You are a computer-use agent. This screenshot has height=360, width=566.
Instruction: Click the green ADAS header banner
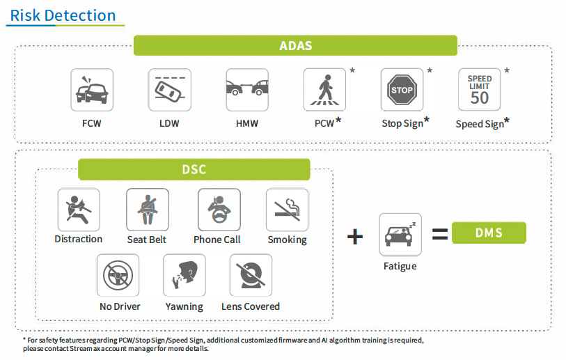295,46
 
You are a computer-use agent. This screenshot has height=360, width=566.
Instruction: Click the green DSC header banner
194,169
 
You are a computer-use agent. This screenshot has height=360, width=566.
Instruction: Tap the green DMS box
489,233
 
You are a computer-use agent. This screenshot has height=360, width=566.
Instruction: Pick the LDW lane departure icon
170,90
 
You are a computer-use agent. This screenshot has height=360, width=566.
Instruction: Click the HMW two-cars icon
247,90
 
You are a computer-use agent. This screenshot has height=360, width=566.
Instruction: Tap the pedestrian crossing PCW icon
324,90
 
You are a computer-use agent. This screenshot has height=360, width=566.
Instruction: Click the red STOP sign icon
402,90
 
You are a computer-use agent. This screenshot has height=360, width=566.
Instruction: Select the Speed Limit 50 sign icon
479,90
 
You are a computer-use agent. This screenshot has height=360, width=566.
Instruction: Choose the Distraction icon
79,210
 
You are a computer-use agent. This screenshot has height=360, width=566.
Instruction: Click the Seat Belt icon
147,210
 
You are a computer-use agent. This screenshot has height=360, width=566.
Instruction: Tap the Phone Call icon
219,210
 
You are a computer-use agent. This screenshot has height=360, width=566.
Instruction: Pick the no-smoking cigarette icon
287,210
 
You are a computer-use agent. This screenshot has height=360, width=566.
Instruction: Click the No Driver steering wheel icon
118,275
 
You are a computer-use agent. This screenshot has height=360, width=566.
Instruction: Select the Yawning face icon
184,275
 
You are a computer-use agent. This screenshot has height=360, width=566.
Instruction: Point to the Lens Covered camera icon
251,275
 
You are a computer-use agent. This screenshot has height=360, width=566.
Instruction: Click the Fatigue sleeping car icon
400,235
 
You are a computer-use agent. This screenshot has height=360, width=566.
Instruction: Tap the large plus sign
355,236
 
